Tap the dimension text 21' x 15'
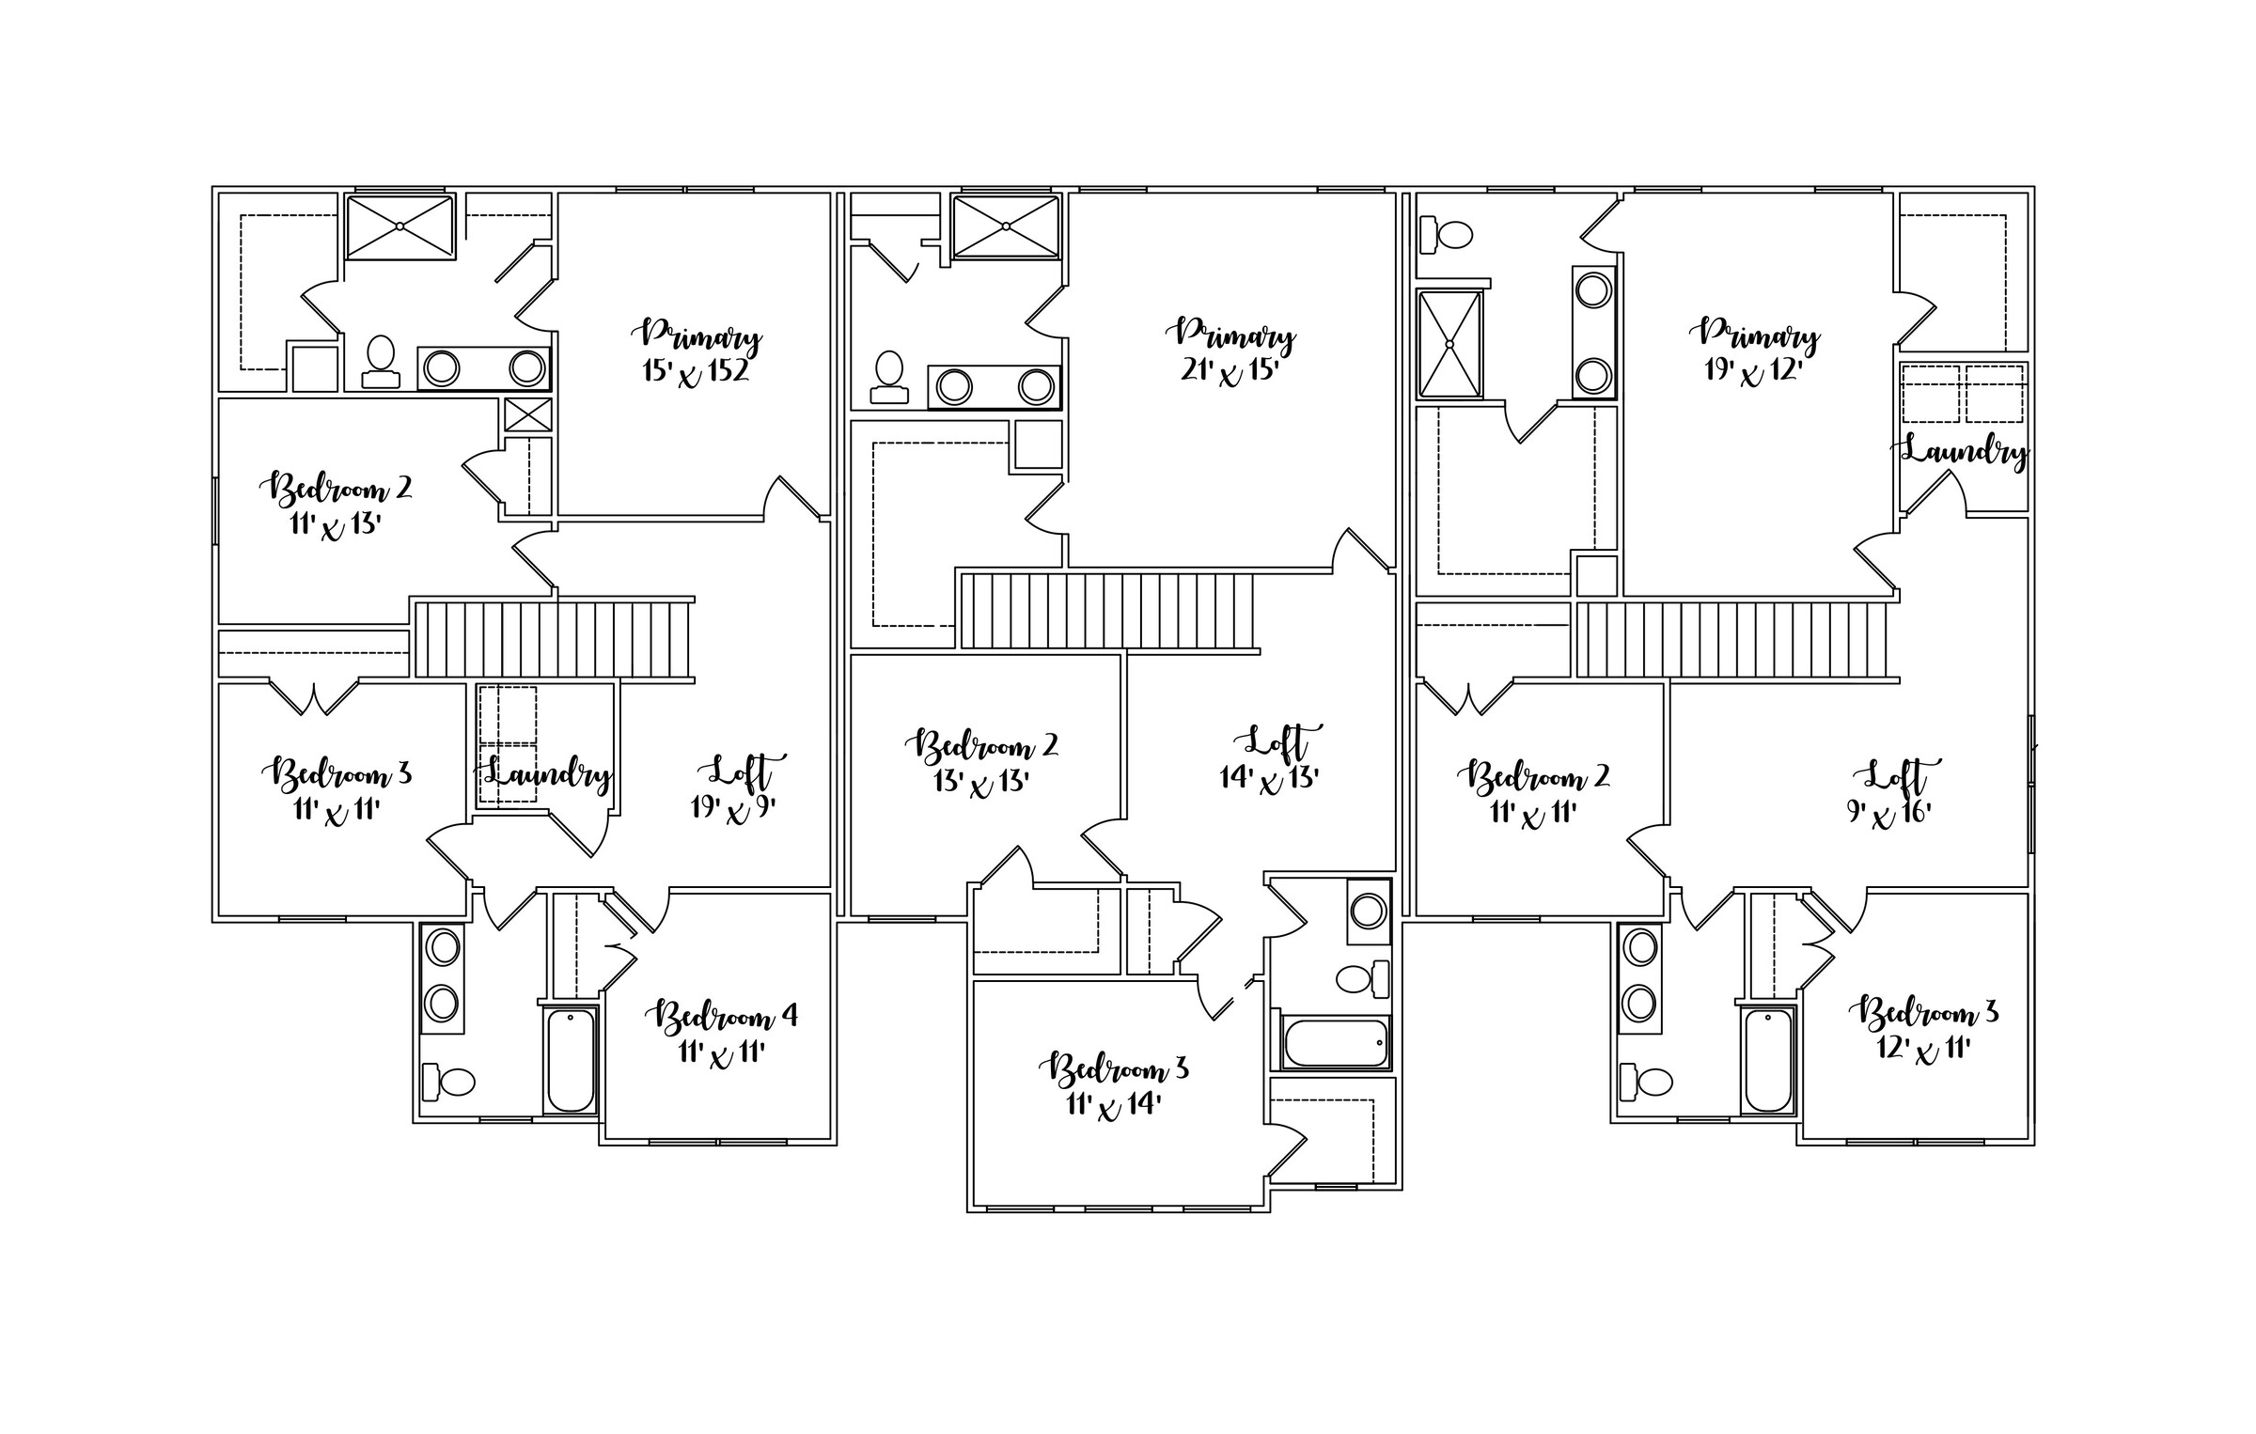pos(1230,371)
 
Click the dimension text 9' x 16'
pos(1889,813)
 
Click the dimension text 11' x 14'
pos(1114,1104)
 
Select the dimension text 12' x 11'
pos(1923,1048)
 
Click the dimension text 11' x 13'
pos(335,524)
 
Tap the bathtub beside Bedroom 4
pos(571,1059)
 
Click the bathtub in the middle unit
pos(1335,1042)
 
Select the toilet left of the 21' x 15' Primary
pos(889,377)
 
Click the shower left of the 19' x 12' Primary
pos(1449,344)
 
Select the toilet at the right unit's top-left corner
pos(1445,235)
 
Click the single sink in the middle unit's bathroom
pos(1368,912)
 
